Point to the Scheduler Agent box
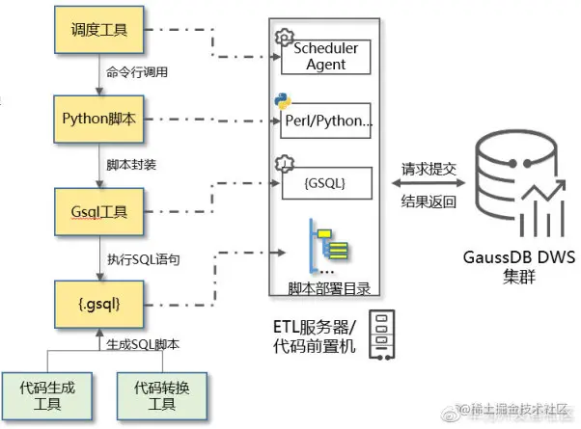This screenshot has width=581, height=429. point(326,56)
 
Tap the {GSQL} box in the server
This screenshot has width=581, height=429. point(326,181)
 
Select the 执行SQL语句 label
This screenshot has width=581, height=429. point(143,258)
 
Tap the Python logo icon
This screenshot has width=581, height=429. point(282,101)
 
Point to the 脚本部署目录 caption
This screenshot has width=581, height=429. point(328,287)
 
